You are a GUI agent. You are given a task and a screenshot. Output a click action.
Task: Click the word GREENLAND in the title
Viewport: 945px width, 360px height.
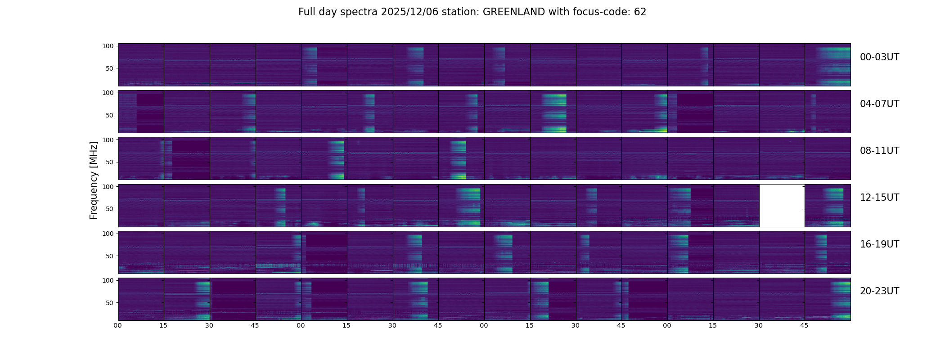pyautogui.click(x=514, y=12)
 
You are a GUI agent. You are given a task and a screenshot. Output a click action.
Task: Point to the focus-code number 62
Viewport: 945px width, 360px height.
pyautogui.click(x=640, y=12)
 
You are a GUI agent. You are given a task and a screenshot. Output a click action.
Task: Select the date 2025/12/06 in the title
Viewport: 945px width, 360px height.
pyautogui.click(x=406, y=12)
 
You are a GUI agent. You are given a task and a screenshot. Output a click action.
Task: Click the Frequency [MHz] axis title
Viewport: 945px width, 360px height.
pyautogui.click(x=94, y=180)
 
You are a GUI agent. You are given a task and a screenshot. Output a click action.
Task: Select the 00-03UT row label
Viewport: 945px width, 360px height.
pyautogui.click(x=879, y=57)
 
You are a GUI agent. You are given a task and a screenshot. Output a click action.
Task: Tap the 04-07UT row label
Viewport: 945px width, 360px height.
pyautogui.click(x=879, y=104)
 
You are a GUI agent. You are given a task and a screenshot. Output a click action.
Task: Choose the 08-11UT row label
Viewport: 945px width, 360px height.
pyautogui.click(x=879, y=151)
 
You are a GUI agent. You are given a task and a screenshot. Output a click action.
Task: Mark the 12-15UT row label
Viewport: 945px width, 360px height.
pyautogui.click(x=879, y=198)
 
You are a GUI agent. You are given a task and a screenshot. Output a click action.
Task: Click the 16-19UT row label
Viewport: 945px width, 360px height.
pyautogui.click(x=879, y=244)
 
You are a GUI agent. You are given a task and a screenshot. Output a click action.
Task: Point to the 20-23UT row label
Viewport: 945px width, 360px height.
pyautogui.click(x=879, y=291)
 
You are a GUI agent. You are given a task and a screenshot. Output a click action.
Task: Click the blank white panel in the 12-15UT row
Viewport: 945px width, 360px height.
pyautogui.click(x=782, y=206)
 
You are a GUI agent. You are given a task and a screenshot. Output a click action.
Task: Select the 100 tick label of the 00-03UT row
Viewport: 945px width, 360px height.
pyautogui.click(x=108, y=46)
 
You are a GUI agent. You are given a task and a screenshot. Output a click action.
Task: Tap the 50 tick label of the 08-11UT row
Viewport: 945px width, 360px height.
pyautogui.click(x=109, y=162)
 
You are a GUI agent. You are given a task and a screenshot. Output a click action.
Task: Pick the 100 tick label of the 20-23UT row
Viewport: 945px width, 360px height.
pyautogui.click(x=108, y=280)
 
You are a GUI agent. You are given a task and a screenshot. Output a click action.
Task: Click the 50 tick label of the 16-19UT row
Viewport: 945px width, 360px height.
pyautogui.click(x=109, y=256)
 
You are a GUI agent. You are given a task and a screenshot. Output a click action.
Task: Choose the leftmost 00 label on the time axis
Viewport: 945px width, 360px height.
pyautogui.click(x=117, y=325)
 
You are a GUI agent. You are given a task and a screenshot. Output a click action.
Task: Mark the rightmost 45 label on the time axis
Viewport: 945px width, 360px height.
pyautogui.click(x=804, y=325)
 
